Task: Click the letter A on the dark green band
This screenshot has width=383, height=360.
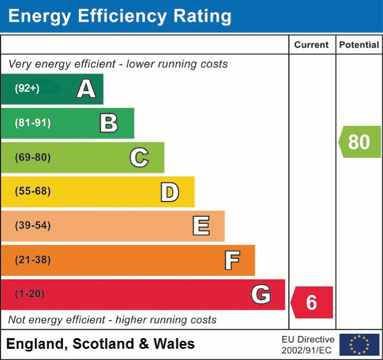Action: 86,89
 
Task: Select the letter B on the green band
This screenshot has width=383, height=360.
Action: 109,123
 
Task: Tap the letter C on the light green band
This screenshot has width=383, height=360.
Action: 139,157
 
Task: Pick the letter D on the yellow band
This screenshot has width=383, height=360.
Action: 169,192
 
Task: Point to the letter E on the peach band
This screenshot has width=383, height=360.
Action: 201,226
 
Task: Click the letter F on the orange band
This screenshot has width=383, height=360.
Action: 232,260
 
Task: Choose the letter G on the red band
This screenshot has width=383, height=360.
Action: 261,294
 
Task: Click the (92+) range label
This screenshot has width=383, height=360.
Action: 27,89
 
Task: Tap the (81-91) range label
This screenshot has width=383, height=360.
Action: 32,123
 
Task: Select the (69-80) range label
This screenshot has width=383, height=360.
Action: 32,157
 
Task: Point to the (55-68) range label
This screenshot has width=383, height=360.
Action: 32,191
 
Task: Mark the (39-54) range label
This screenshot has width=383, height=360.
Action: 32,226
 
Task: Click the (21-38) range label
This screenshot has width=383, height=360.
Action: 32,260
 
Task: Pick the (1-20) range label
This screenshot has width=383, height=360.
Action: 30,294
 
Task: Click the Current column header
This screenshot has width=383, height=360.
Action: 312,45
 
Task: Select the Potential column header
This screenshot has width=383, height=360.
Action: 359,45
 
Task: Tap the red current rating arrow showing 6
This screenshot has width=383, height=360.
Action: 312,302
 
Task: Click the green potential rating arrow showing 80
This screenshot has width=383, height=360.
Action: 360,142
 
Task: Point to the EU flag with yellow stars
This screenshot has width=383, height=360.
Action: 359,345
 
